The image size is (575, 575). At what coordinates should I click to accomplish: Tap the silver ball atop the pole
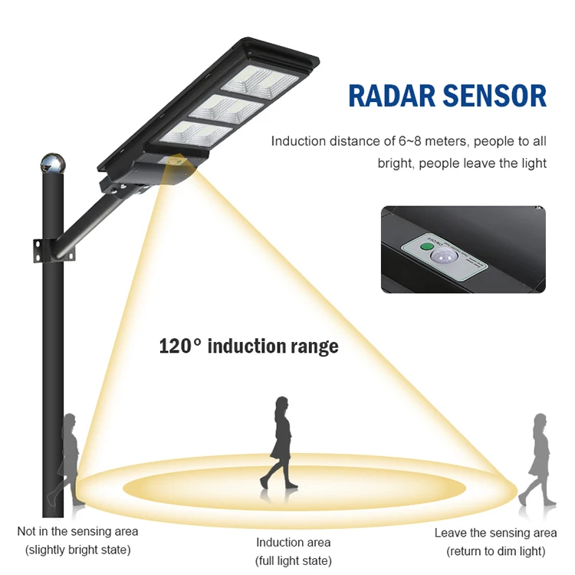pyautogui.click(x=52, y=163)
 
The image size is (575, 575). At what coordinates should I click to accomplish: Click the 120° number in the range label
pyautogui.click(x=179, y=346)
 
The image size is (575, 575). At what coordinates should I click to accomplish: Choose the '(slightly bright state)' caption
pyautogui.click(x=78, y=550)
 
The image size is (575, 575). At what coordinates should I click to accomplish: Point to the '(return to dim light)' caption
pyautogui.click(x=495, y=551)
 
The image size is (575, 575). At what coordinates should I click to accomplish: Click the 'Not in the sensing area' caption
pyautogui.click(x=78, y=531)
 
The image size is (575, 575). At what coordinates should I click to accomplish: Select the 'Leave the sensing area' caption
pyautogui.click(x=495, y=533)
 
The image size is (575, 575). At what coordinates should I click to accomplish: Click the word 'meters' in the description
pyautogui.click(x=469, y=141)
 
